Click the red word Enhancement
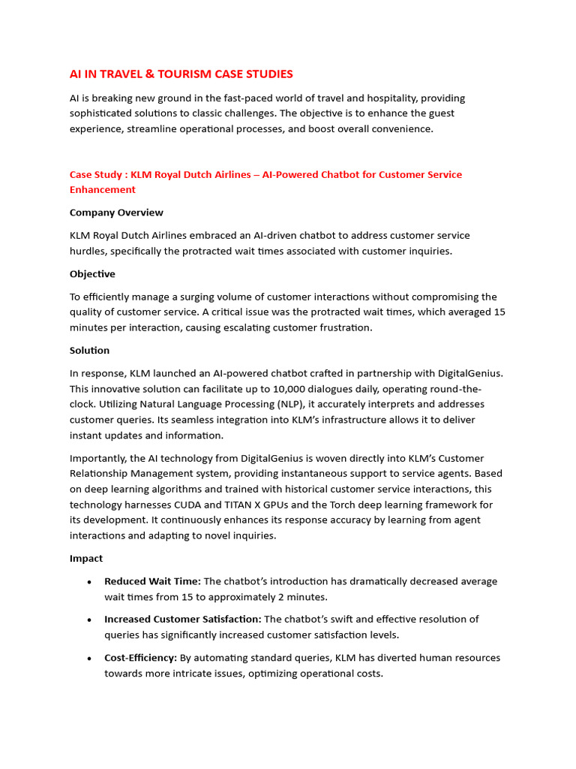103,190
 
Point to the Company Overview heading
116,213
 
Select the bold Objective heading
92,274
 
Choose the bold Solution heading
89,351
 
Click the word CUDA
208,505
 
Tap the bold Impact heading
86,559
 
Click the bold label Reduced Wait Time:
152,581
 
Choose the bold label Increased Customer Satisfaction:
182,620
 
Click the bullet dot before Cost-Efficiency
90,659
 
